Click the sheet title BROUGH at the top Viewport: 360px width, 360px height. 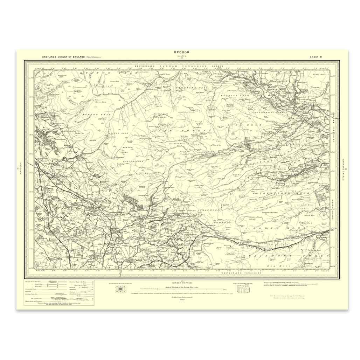[x=181, y=52]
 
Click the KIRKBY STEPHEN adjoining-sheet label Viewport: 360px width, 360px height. [x=181, y=282]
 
